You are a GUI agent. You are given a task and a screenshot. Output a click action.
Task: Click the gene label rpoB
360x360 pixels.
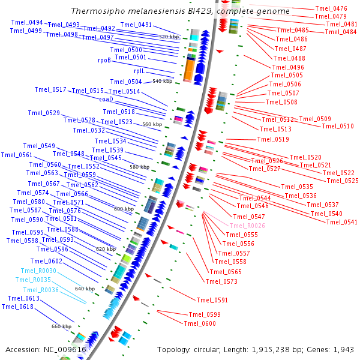coord(104,60)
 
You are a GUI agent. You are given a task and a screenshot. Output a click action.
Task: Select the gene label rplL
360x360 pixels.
coord(139,71)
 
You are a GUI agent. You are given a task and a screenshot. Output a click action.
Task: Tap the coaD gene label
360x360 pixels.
coord(106,99)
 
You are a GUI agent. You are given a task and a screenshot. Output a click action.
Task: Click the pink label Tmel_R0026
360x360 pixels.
coord(247,226)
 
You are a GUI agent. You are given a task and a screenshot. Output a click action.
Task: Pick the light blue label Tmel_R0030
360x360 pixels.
coord(38,271)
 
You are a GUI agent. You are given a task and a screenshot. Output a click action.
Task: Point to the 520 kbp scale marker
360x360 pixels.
coord(169,37)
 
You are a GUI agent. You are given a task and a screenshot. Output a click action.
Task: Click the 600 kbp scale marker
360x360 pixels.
coord(124,209)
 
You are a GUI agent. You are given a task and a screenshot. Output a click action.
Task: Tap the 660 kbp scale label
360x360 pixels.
coord(62,326)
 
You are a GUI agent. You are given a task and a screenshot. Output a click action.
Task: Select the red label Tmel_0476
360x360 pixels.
coord(331,8)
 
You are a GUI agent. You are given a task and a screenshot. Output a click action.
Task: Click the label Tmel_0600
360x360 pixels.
coord(200,323)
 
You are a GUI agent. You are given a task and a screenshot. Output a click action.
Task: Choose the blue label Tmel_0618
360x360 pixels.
coord(17,307)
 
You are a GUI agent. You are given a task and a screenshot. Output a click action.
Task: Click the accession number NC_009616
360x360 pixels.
coord(65,350)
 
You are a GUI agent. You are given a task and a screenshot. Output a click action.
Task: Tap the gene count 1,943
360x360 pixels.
coord(343,350)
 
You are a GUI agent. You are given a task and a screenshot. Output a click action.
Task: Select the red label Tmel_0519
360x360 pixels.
coord(273,139)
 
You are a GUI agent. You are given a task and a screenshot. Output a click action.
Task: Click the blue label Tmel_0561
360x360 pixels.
coord(17,155)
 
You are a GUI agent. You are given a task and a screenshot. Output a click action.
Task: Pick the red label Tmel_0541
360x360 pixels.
coord(342,222)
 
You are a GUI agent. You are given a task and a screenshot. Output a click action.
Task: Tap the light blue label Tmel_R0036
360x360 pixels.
coord(41,290)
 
